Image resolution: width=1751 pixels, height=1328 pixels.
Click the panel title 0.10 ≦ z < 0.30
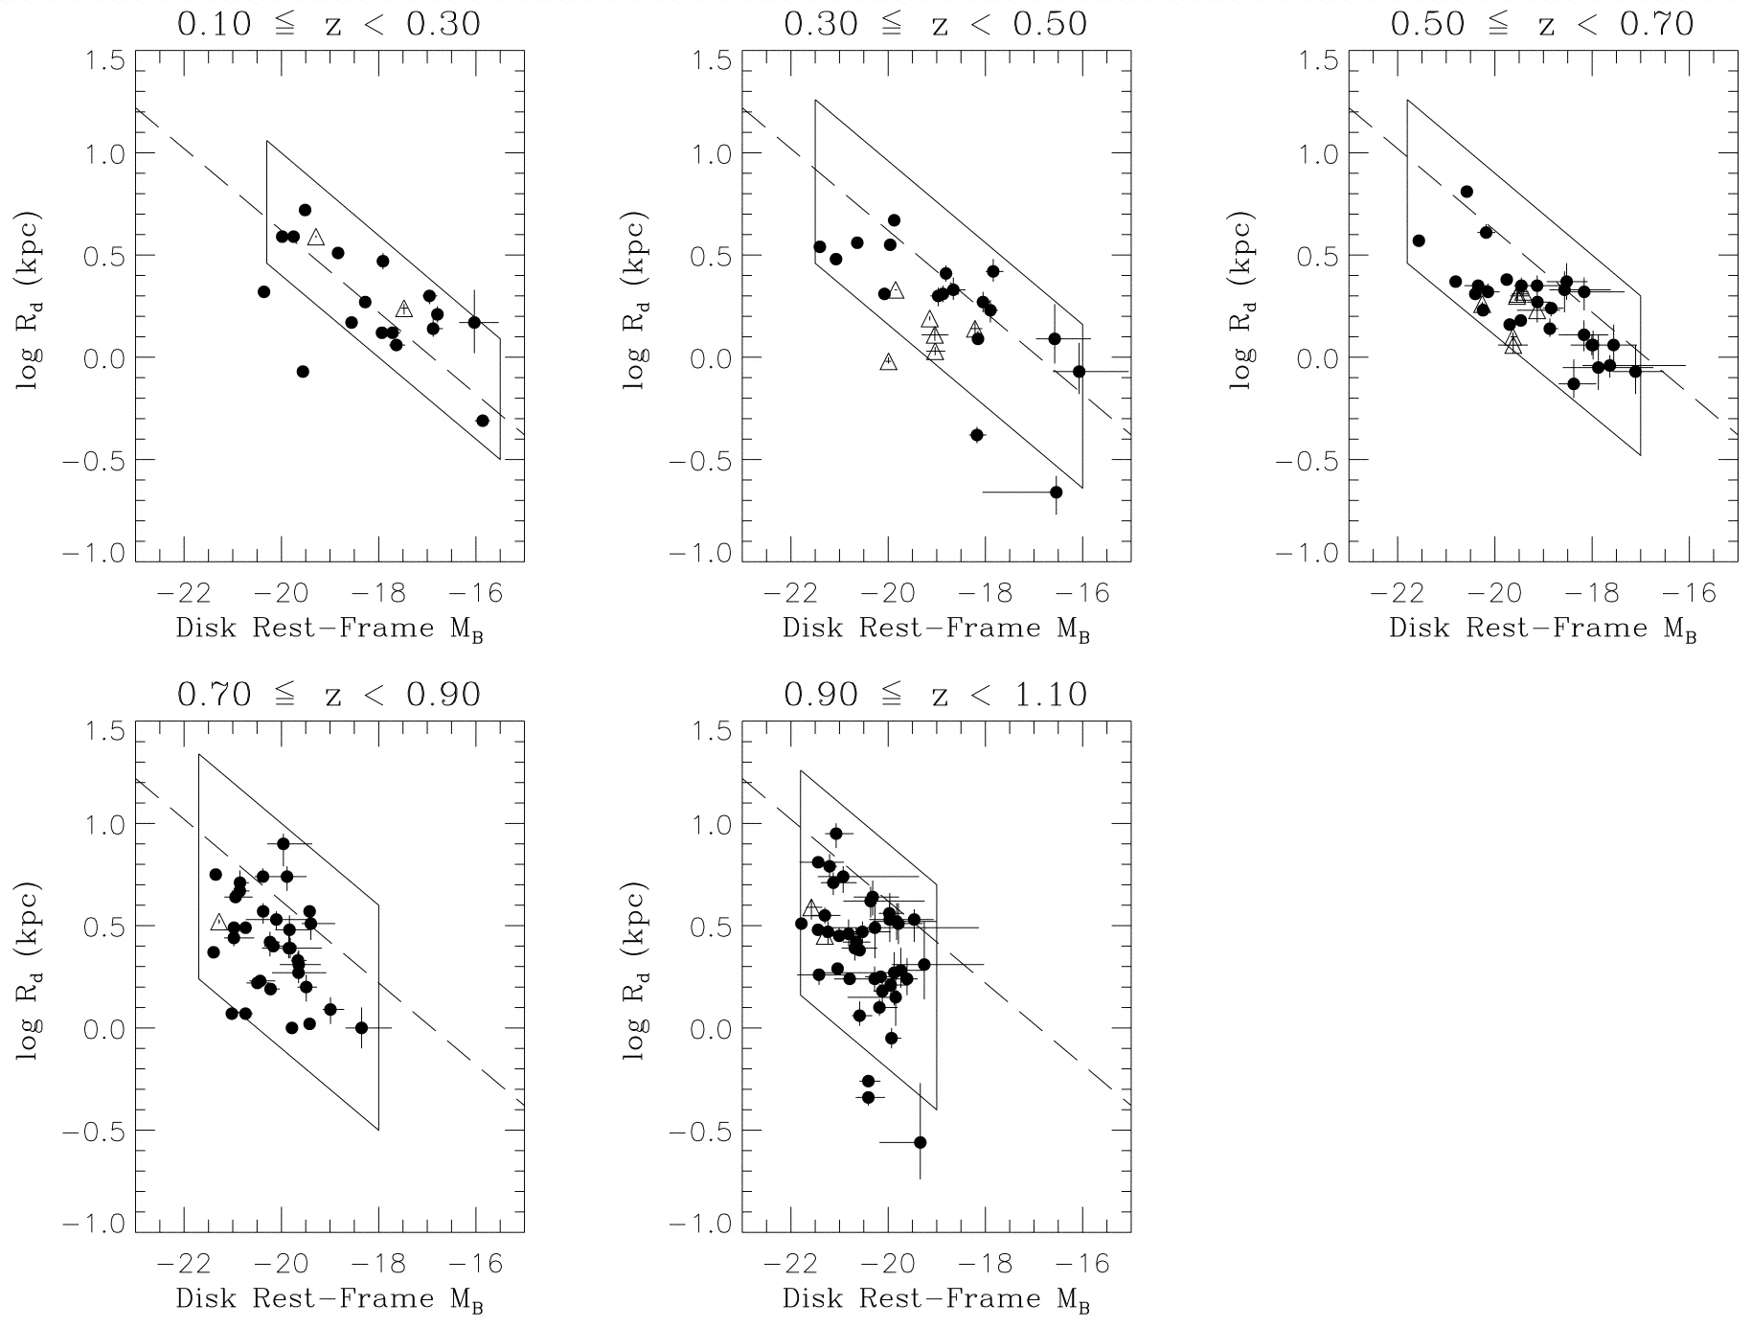(x=329, y=24)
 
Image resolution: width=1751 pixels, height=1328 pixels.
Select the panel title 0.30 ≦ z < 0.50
(x=935, y=24)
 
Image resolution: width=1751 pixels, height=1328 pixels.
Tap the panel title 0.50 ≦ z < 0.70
(x=1541, y=24)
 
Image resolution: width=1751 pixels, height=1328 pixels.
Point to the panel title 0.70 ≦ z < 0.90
(x=329, y=694)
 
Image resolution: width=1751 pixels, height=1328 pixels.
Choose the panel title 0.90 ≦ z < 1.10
(x=935, y=694)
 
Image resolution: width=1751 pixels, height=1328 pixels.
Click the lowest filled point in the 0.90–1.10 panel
(x=921, y=1142)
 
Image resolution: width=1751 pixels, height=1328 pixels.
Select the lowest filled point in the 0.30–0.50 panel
(x=1056, y=492)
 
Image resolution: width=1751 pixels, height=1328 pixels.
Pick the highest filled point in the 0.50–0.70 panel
(x=1467, y=192)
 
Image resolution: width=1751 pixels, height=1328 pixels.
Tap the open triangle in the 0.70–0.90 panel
(x=218, y=922)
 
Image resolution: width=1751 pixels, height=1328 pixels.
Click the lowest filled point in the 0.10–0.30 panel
(x=483, y=421)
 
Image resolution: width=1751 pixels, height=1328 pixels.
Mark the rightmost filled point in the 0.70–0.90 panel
(x=361, y=1027)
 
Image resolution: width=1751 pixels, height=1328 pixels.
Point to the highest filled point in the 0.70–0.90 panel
(x=284, y=843)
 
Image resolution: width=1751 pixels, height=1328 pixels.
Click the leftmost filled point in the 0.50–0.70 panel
(x=1419, y=240)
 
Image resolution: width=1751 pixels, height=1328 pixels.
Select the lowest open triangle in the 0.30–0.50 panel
(x=889, y=361)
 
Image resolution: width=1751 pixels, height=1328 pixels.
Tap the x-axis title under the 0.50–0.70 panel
(x=1541, y=630)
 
